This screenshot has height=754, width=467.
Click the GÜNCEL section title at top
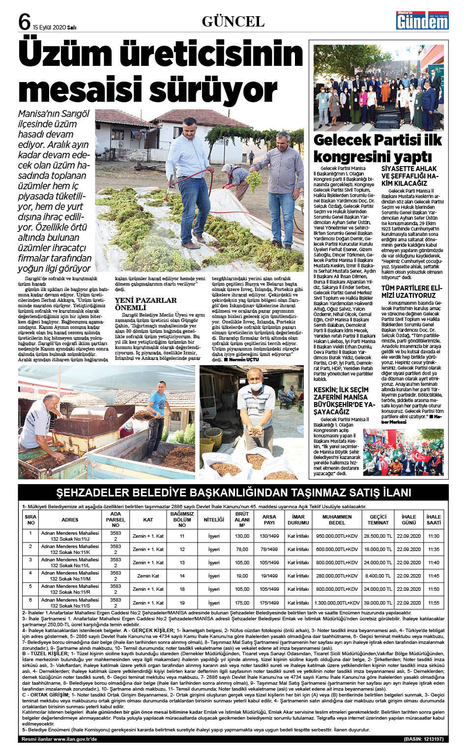coord(233,22)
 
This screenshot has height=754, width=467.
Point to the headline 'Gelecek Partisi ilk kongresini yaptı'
coord(378,148)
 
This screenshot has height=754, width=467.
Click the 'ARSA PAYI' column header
coord(269,520)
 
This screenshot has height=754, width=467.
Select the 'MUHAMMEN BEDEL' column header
coord(337,520)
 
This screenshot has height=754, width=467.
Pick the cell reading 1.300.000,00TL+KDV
coord(337,603)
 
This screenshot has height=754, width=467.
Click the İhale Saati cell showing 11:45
coord(433,576)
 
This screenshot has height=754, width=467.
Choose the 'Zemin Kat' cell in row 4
coord(148,576)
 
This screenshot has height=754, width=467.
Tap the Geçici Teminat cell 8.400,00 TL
coord(378,576)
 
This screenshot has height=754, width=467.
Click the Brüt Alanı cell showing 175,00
coord(242,603)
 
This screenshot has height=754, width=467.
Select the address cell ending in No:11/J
coord(70,536)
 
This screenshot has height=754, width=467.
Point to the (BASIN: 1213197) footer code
coord(423,739)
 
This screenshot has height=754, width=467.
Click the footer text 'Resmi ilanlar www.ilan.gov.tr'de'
coord(59,739)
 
